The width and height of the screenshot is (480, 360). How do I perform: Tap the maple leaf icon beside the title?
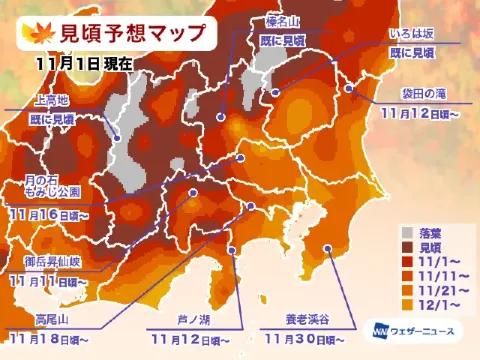[36, 31]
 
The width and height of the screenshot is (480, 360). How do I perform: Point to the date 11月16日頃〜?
[51, 213]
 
